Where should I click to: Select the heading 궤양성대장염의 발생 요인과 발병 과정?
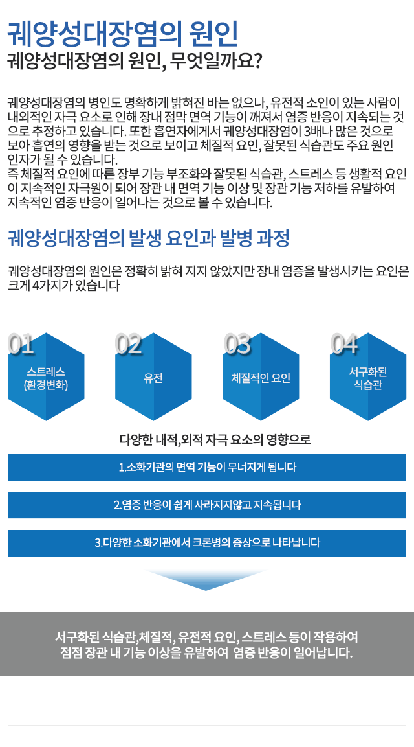coord(149,238)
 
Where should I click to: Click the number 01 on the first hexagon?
coord(21,344)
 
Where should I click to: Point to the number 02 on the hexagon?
coord(129,344)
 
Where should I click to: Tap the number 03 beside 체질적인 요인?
coord(237,344)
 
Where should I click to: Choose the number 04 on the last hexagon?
coord(344,344)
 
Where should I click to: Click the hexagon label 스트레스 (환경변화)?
coord(46,378)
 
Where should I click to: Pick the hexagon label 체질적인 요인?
coord(261,378)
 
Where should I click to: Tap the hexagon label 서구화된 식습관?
coord(368,378)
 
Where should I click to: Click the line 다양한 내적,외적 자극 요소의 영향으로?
coord(215,439)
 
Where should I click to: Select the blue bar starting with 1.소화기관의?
coord(206,467)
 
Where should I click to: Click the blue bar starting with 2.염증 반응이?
coord(206,505)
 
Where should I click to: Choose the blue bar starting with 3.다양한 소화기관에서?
coord(206,543)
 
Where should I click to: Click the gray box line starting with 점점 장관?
coord(207,652)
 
